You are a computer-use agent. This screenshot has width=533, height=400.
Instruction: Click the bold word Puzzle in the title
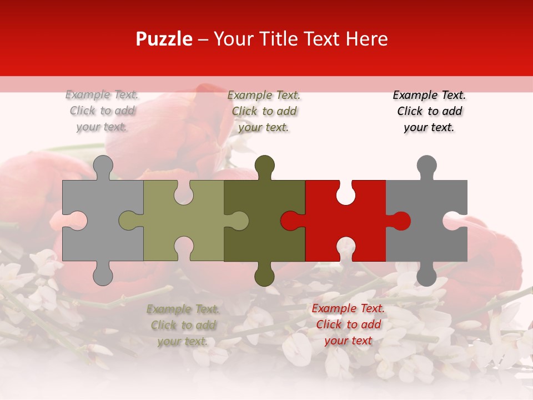pyautogui.click(x=164, y=39)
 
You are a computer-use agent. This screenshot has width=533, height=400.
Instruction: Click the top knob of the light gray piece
pyautogui.click(x=103, y=166)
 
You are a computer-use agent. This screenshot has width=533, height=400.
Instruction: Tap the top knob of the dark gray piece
pyautogui.click(x=426, y=166)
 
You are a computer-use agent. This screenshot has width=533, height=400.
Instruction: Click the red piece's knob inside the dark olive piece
pyautogui.click(x=290, y=221)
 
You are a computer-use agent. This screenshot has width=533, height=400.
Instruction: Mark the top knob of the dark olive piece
pyautogui.click(x=264, y=166)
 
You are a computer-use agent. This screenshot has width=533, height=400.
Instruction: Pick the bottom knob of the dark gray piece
pyautogui.click(x=426, y=276)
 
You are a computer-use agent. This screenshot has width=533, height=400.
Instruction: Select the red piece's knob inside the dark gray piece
pyautogui.click(x=401, y=221)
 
